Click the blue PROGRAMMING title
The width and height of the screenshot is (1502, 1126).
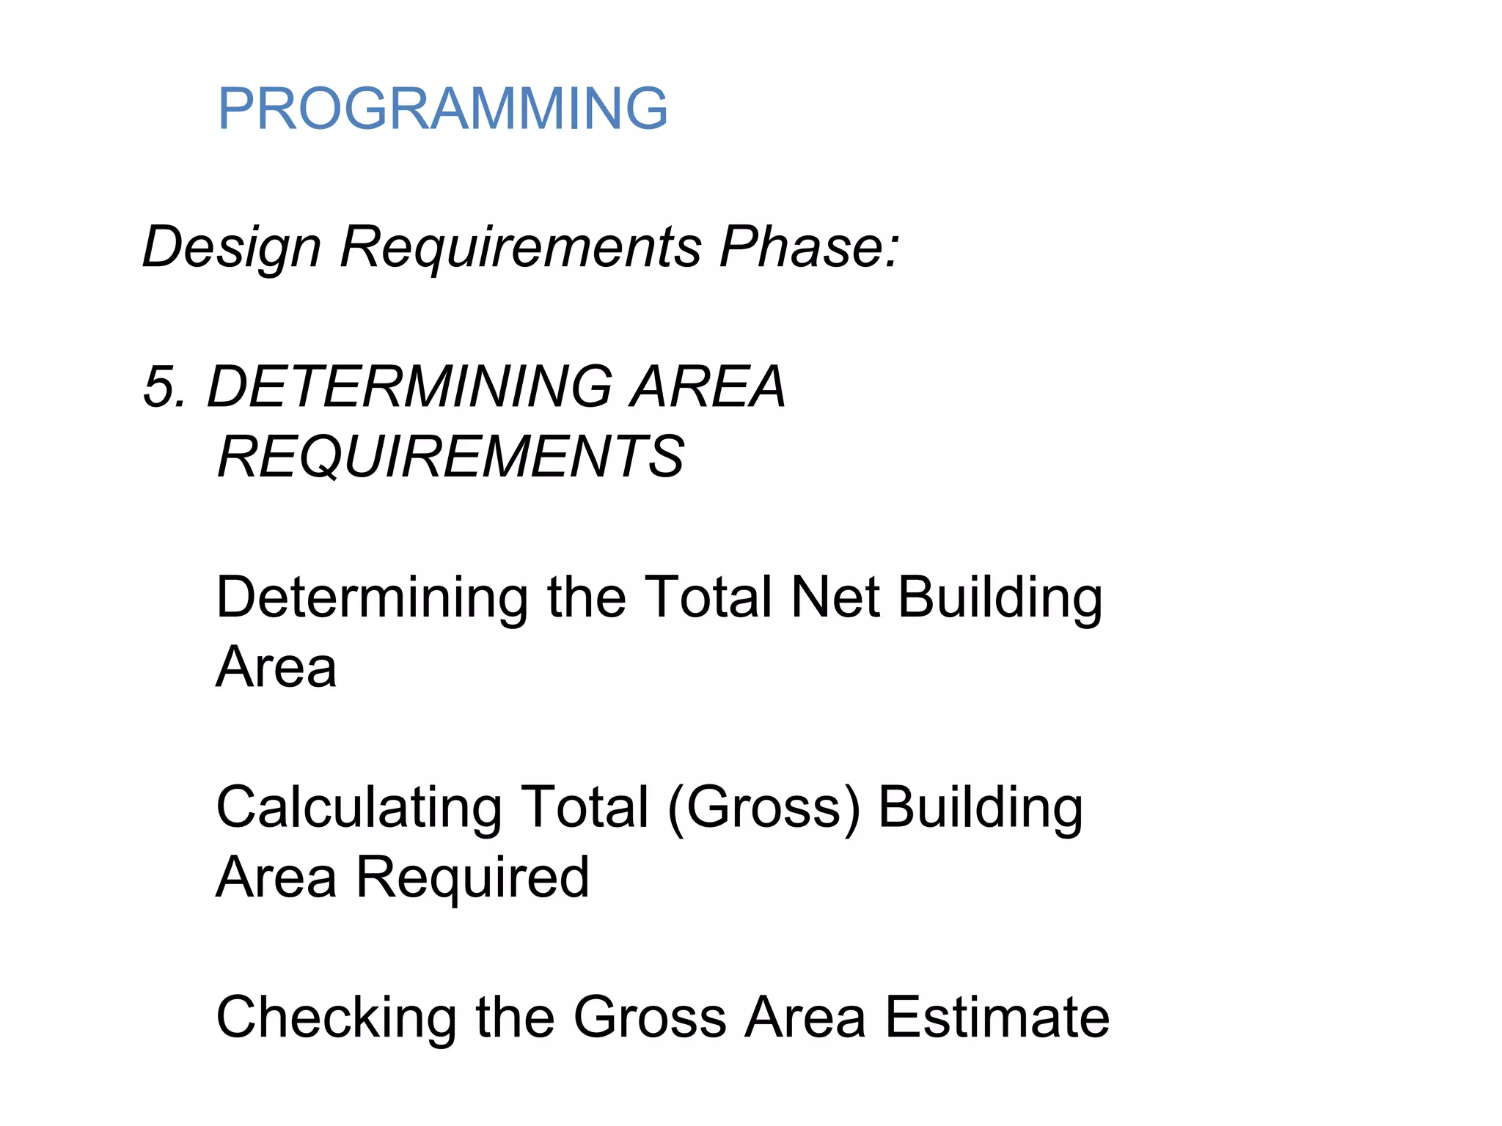pos(442,108)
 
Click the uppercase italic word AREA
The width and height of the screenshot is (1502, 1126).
pos(708,386)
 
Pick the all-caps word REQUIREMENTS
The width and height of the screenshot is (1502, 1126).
pos(451,457)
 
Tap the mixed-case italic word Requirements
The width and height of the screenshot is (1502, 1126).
pos(521,246)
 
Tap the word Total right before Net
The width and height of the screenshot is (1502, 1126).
pos(708,597)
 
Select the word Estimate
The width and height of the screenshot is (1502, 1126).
pos(997,1017)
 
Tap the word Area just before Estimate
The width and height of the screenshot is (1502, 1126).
pos(805,1017)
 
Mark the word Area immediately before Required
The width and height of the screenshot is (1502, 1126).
pos(276,877)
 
